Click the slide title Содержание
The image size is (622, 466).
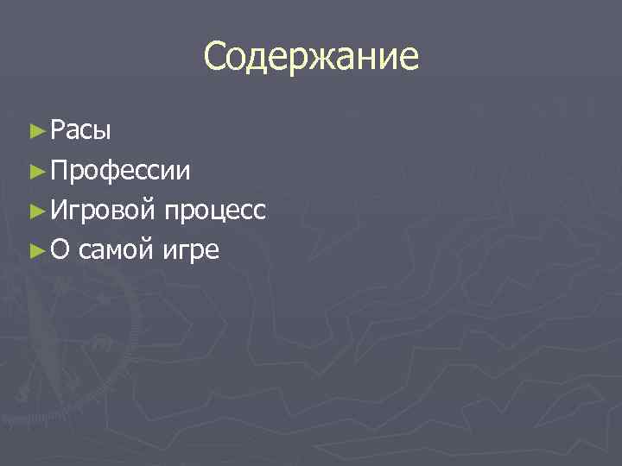[311, 57]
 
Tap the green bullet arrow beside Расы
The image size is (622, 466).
[35, 131]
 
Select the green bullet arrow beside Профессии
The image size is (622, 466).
[35, 171]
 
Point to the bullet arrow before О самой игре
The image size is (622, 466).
[35, 251]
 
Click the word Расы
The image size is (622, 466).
[80, 131]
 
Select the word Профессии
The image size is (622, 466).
[121, 171]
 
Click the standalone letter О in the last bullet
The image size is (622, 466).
[60, 251]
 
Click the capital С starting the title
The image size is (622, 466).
[216, 57]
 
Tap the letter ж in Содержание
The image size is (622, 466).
[323, 59]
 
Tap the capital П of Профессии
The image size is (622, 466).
[59, 170]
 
